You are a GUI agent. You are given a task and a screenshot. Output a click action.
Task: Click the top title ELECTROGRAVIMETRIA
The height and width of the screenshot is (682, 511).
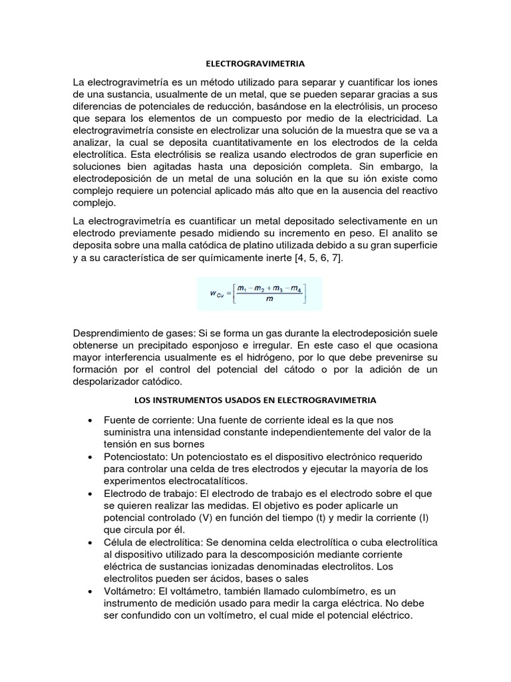[255, 64]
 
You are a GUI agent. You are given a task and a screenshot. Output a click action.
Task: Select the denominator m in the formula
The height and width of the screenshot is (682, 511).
[268, 300]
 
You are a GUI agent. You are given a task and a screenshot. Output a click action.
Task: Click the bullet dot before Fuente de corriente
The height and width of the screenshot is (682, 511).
[90, 421]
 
